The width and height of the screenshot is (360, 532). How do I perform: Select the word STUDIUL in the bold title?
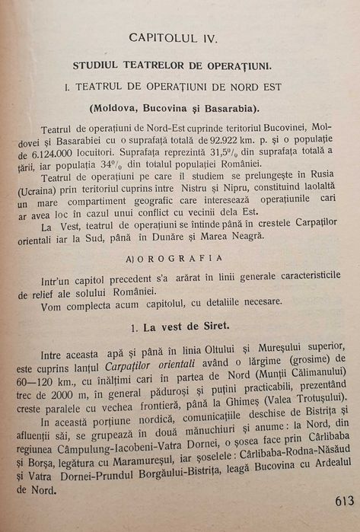pos(97,66)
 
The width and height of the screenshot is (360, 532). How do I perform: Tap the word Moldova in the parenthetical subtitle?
pos(115,107)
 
